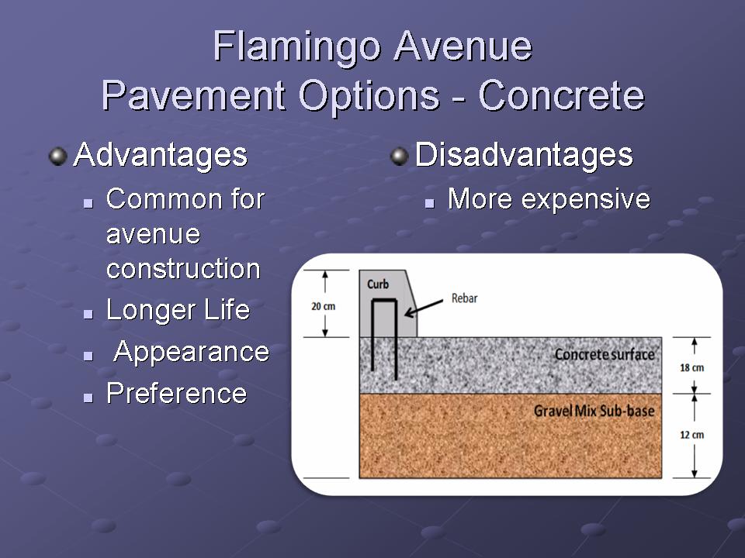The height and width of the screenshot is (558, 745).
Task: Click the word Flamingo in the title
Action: pyautogui.click(x=297, y=47)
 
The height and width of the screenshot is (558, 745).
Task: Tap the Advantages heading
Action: pyautogui.click(x=161, y=155)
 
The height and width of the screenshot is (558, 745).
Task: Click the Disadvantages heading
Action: pyautogui.click(x=524, y=155)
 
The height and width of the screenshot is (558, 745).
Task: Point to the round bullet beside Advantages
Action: pyautogui.click(x=58, y=157)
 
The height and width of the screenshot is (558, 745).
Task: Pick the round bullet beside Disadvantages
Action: pyautogui.click(x=400, y=157)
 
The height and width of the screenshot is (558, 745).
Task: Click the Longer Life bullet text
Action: pyautogui.click(x=178, y=310)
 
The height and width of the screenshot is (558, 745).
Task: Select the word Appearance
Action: pyautogui.click(x=192, y=352)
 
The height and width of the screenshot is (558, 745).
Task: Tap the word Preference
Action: pyautogui.click(x=177, y=393)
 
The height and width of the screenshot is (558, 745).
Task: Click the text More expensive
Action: pyautogui.click(x=549, y=199)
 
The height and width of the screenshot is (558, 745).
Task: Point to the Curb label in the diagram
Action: pyautogui.click(x=378, y=284)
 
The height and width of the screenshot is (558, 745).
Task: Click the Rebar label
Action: pyautogui.click(x=464, y=298)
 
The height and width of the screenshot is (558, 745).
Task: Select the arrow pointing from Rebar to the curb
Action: pyautogui.click(x=424, y=308)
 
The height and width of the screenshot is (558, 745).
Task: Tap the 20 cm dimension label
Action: pyautogui.click(x=324, y=307)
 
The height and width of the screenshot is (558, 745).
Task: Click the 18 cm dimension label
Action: pyautogui.click(x=691, y=367)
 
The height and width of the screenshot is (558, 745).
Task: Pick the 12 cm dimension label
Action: pyautogui.click(x=691, y=435)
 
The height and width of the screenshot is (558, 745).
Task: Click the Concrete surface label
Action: pyautogui.click(x=605, y=354)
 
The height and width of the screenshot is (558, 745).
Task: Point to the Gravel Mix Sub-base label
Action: pyautogui.click(x=594, y=411)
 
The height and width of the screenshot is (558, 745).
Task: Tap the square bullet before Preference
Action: pyautogui.click(x=88, y=397)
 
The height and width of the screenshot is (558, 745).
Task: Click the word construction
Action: pyautogui.click(x=183, y=269)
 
